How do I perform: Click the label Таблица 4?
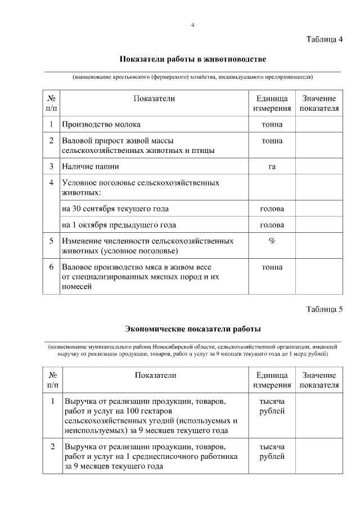pos(325,39)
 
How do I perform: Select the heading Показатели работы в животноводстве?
pos(192,59)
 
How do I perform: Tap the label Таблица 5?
pos(325,309)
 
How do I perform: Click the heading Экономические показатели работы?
pos(192,328)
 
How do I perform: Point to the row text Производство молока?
pos(101,124)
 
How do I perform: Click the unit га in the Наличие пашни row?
pos(272,166)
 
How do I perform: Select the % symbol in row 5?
pos(272,240)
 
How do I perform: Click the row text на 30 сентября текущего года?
pos(115,209)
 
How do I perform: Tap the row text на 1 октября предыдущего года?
pos(119,224)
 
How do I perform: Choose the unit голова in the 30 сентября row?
pos(272,209)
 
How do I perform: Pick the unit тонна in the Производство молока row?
pos(272,124)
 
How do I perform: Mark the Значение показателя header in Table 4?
pos(319,103)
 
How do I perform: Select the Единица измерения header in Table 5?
pos(272,380)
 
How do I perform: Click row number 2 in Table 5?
pos(52,447)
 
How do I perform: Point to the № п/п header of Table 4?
pos(51,103)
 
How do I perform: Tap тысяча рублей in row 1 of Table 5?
pos(272,406)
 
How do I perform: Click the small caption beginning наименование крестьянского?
pos(192,76)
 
